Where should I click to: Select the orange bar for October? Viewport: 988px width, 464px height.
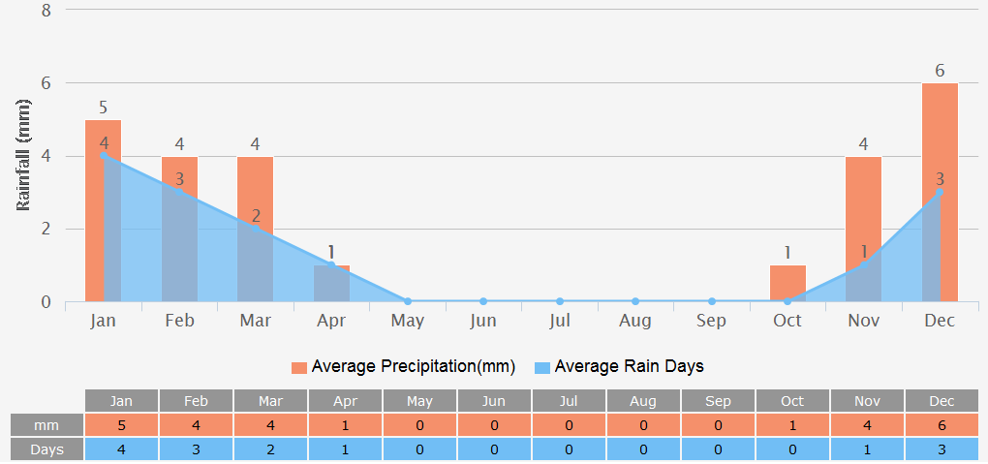click(787, 283)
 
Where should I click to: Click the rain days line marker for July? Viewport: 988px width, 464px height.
click(560, 301)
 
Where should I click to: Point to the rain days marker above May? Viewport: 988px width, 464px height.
click(408, 301)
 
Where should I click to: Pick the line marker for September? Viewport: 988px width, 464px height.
click(712, 301)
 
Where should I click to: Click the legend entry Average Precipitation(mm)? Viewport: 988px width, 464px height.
click(403, 367)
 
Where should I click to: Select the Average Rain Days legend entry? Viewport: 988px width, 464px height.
click(619, 367)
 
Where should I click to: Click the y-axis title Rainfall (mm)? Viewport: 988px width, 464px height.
click(24, 156)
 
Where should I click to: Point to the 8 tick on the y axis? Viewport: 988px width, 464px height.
click(46, 11)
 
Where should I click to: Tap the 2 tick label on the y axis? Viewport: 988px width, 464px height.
click(46, 230)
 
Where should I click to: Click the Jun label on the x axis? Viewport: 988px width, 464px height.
click(483, 321)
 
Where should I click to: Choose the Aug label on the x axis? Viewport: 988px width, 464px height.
click(635, 321)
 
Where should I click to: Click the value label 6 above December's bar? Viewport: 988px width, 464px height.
click(940, 71)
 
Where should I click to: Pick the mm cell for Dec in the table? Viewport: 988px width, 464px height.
click(941, 425)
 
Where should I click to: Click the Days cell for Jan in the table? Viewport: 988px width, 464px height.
click(121, 449)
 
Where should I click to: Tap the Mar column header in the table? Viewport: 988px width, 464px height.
click(270, 401)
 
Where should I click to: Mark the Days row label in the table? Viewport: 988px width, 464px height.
click(46, 449)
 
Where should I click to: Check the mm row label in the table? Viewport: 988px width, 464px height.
click(46, 425)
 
